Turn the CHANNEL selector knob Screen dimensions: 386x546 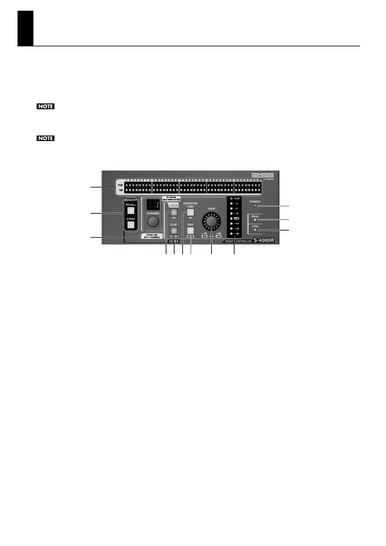(153, 222)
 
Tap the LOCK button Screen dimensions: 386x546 (174, 212)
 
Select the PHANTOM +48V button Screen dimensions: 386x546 (190, 212)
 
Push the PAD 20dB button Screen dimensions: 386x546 (190, 231)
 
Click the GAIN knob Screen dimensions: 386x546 (211, 221)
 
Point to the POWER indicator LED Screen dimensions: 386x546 (255, 206)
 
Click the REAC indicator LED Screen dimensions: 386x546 (255, 220)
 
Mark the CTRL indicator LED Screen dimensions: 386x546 (255, 230)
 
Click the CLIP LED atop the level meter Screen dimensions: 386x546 (231, 198)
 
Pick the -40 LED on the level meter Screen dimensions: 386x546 (231, 234)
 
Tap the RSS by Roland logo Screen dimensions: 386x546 (264, 176)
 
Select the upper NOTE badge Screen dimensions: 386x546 (45, 106)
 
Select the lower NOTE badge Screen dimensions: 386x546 (45, 138)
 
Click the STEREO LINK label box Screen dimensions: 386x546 (152, 236)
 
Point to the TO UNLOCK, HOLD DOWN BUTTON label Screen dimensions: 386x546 (171, 199)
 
